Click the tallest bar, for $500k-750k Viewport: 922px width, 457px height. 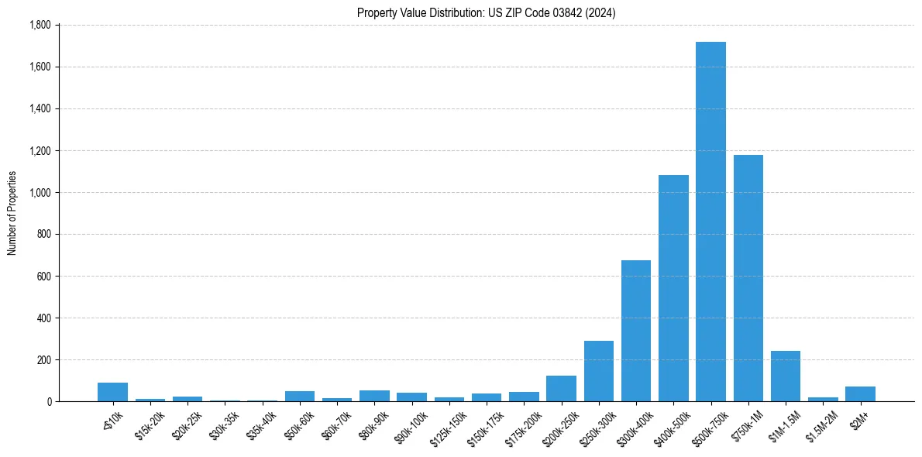pyautogui.click(x=710, y=222)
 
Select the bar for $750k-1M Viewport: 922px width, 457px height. pyautogui.click(x=748, y=278)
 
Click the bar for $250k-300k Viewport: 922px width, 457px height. pyautogui.click(x=599, y=371)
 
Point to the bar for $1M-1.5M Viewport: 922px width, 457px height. pyautogui.click(x=786, y=376)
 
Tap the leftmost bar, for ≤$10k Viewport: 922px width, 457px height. pyautogui.click(x=112, y=392)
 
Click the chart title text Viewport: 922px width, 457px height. pyautogui.click(x=486, y=13)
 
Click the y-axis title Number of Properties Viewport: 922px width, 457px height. pyautogui.click(x=12, y=213)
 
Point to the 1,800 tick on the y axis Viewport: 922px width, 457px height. pyautogui.click(x=40, y=25)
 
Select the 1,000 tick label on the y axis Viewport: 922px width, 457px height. pyautogui.click(x=40, y=192)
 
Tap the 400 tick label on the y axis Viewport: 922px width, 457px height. pyautogui.click(x=43, y=318)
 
